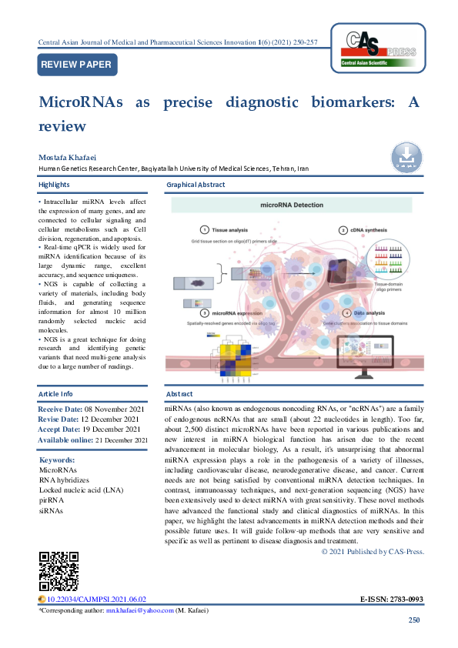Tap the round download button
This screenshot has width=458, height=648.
coord(406,157)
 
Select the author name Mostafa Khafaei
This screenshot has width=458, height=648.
coord(68,157)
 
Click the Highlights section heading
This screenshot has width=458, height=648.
coord(54,185)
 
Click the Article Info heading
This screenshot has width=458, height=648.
coord(56,393)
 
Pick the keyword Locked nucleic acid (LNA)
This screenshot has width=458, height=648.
coord(80,489)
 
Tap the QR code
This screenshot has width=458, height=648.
coord(59,571)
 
